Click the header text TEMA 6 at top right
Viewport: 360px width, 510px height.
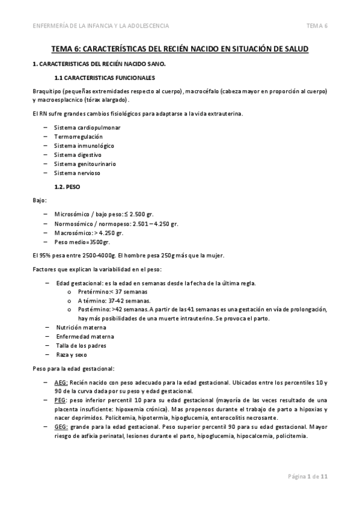click(x=317, y=25)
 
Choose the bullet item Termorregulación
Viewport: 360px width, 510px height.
click(x=74, y=137)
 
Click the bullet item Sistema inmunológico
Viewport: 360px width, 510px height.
click(x=84, y=146)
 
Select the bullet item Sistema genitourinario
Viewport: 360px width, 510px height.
click(x=85, y=164)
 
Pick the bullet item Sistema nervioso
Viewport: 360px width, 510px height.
click(x=76, y=173)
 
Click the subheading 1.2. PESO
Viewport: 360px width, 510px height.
click(x=68, y=187)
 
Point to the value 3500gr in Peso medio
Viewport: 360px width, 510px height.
click(x=98, y=242)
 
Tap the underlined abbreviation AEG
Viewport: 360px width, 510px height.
click(x=61, y=382)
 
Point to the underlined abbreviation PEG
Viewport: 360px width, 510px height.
click(x=60, y=400)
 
